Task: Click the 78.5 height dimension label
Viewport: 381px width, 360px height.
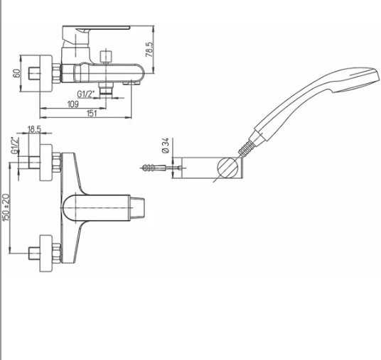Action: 149,50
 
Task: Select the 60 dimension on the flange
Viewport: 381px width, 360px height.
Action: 17,74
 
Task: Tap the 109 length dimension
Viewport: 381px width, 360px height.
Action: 73,104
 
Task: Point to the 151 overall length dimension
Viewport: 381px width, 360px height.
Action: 92,114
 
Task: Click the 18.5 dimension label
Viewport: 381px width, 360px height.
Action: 34,129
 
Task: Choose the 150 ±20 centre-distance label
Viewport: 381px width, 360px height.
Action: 6,207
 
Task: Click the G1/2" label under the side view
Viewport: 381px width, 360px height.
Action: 85,94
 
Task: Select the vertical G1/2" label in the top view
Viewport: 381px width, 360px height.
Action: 15,146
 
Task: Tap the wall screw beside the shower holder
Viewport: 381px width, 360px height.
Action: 161,168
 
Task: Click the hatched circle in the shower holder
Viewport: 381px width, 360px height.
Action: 227,168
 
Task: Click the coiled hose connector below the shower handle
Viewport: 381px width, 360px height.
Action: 247,148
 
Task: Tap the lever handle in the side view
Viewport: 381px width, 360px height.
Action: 95,36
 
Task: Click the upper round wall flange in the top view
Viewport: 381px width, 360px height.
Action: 46,163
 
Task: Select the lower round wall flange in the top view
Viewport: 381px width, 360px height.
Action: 46,253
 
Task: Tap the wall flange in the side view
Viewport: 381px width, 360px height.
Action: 46,74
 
